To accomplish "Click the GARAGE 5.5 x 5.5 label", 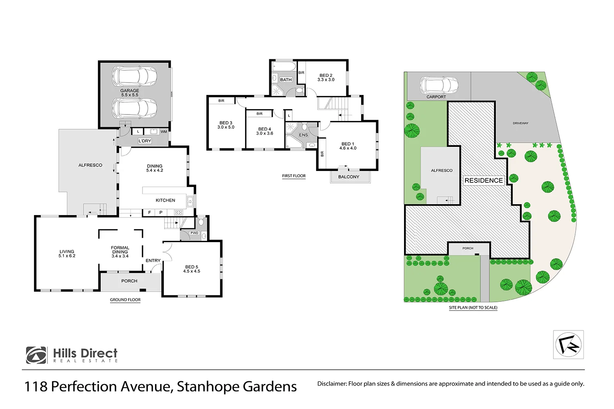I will point(129,93).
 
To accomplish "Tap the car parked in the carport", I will point(438,85).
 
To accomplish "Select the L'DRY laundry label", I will point(144,141).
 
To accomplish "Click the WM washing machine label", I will point(164,132).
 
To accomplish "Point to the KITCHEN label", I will point(165,200).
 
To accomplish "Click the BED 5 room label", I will point(192,269).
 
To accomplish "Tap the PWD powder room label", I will point(194,233).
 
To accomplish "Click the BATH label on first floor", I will point(286,80).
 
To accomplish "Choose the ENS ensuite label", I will point(303,135).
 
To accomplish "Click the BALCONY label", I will point(349,177).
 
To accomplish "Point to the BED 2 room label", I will point(326,78).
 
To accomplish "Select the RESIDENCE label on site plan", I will point(483,180).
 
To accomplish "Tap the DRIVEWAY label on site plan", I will point(520,123).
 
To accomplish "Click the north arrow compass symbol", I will point(569,345).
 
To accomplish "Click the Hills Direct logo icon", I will point(36,355).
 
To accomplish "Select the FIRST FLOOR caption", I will point(294,176).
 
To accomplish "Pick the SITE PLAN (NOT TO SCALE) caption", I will point(473,308).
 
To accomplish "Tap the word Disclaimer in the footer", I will point(332,384).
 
